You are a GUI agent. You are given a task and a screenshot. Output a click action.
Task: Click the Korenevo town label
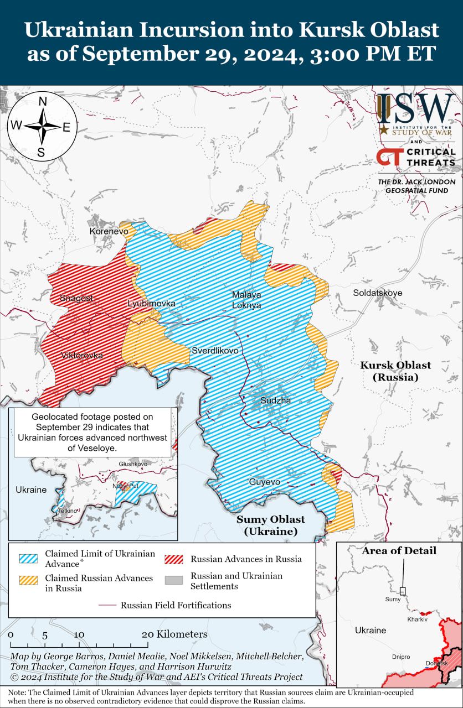tap(109, 231)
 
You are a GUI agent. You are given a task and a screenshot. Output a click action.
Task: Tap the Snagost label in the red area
tap(76, 298)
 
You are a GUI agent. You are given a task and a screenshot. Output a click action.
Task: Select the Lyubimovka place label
tap(151, 304)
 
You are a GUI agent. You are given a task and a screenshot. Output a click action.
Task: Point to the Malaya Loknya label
tap(246, 300)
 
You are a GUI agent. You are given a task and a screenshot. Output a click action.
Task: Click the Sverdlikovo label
tap(215, 351)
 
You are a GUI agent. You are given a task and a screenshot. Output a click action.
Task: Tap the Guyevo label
tap(264, 482)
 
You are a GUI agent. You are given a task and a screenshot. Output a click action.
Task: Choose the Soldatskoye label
tap(378, 293)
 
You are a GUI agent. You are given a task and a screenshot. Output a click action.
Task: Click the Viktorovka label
tap(81, 356)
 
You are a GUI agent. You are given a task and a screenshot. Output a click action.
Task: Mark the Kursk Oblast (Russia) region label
tap(395, 371)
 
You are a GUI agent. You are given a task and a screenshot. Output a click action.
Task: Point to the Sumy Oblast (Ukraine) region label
tap(270, 525)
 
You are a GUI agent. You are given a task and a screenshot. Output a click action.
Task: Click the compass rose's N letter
tap(42, 101)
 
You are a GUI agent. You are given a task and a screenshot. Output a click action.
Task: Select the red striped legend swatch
tap(174, 558)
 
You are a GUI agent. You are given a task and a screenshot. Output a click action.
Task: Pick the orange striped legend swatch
tap(28, 580)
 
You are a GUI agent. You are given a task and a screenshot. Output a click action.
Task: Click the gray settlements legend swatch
tap(174, 580)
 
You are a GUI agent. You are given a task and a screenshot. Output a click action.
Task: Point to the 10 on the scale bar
tap(79, 634)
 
